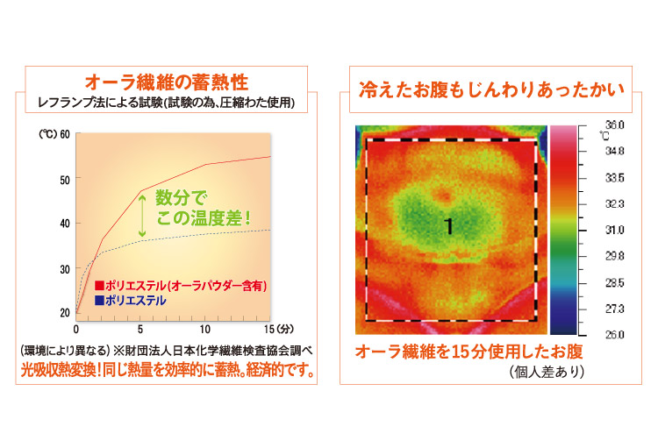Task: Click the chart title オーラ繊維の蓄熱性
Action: pyautogui.click(x=167, y=82)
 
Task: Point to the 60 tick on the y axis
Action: pyautogui.click(x=65, y=134)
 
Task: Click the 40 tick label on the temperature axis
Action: pyautogui.click(x=65, y=224)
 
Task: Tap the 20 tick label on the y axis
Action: pyautogui.click(x=65, y=313)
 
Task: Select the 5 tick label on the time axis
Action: pyautogui.click(x=140, y=330)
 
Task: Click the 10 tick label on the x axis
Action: pyautogui.click(x=204, y=330)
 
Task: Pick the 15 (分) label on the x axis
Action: pyautogui.click(x=279, y=329)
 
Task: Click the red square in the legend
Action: pyautogui.click(x=99, y=286)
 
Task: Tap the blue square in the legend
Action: pyautogui.click(x=99, y=300)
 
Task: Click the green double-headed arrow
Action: pyautogui.click(x=143, y=215)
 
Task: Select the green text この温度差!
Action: pyautogui.click(x=204, y=218)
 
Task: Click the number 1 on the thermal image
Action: pyautogui.click(x=449, y=226)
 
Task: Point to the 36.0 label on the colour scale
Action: pyautogui.click(x=614, y=124)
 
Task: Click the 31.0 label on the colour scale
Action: pyautogui.click(x=614, y=230)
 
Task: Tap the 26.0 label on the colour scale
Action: pyautogui.click(x=614, y=335)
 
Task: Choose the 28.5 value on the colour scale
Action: pyautogui.click(x=614, y=282)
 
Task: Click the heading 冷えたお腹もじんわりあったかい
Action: pyautogui.click(x=491, y=89)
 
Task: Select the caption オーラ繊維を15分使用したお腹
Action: pyautogui.click(x=469, y=352)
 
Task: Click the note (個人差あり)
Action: pyautogui.click(x=547, y=372)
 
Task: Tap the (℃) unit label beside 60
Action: pyautogui.click(x=48, y=134)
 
